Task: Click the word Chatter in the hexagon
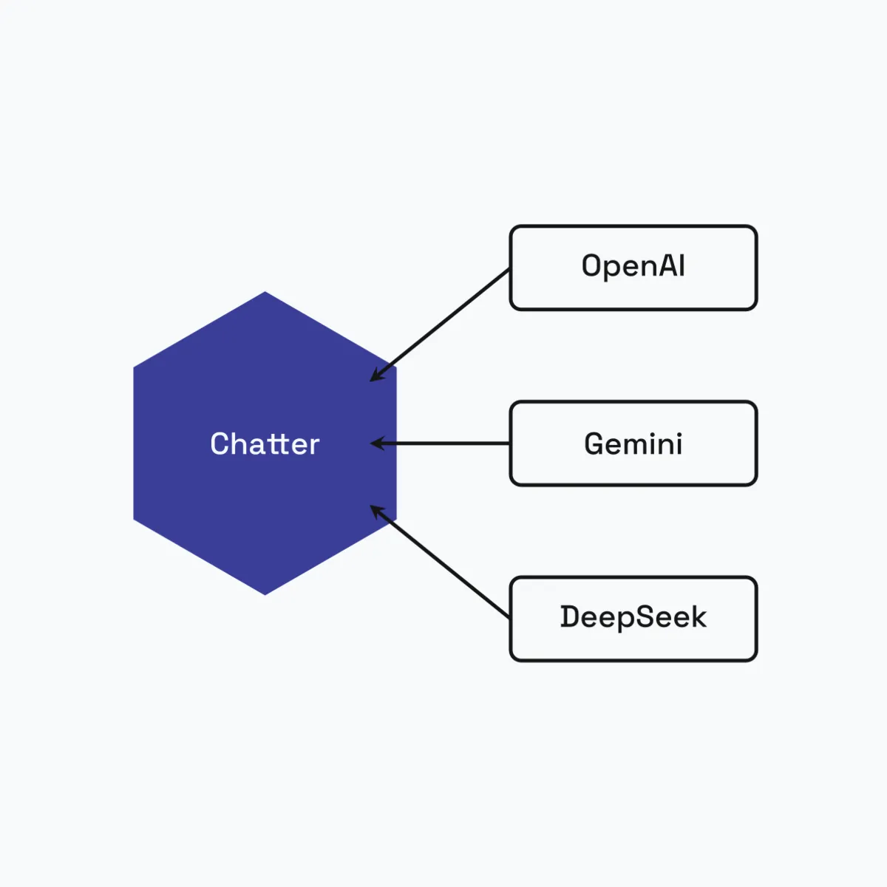tap(265, 443)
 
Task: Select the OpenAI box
tap(633, 268)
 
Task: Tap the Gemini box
tap(633, 443)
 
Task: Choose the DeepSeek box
tap(633, 619)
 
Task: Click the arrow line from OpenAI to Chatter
tap(440, 325)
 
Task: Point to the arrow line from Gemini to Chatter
tap(440, 443)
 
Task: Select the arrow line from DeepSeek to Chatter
tap(440, 561)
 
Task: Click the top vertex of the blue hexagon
tap(265, 292)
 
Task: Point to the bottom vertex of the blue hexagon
tap(265, 595)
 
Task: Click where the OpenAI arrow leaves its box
tap(509, 269)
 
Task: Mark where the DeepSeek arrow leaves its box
tap(509, 617)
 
